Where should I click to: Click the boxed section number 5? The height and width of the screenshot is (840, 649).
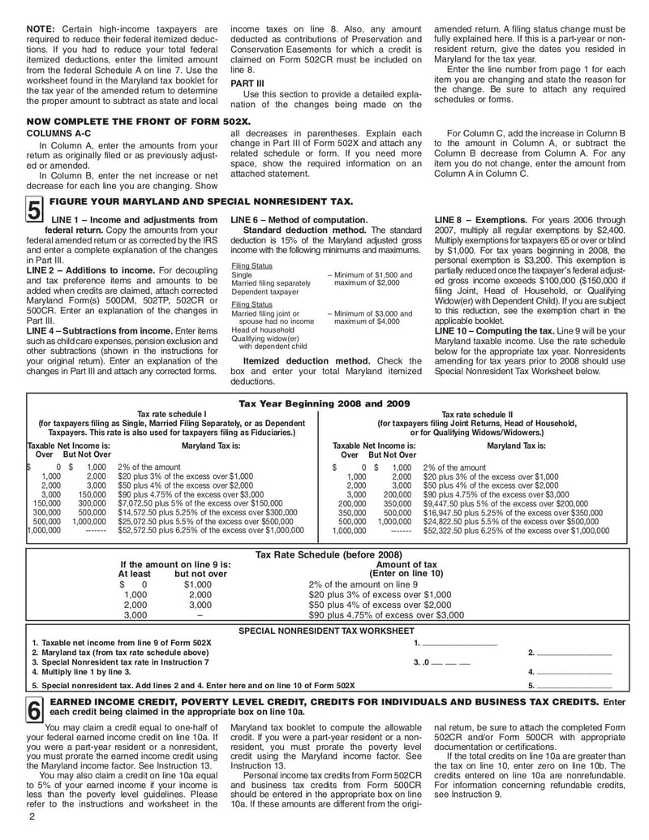(x=34, y=212)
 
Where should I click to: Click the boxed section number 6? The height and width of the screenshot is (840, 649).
(x=33, y=709)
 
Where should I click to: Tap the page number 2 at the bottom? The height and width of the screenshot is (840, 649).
(x=32, y=816)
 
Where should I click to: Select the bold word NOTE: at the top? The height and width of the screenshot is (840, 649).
(x=41, y=29)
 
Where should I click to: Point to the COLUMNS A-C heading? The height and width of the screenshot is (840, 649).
(x=58, y=132)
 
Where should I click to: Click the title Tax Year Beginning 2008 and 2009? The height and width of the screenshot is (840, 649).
(x=324, y=403)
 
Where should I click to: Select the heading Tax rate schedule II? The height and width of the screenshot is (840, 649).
(x=477, y=414)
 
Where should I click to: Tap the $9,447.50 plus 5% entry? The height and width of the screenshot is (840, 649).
(x=501, y=503)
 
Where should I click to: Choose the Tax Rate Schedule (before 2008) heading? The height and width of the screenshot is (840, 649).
(x=324, y=554)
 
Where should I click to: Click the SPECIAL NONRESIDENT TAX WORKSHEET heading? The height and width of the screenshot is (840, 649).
(x=325, y=630)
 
